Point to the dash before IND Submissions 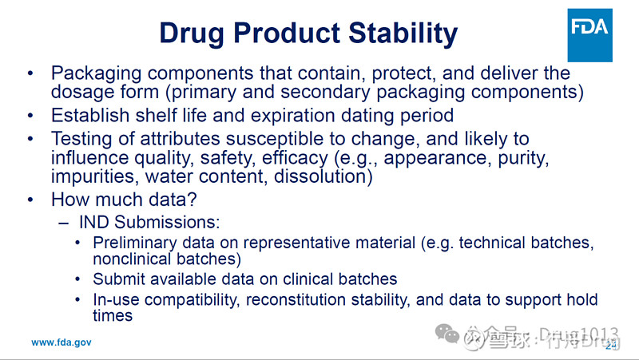point(64,221)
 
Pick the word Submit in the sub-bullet point(117,279)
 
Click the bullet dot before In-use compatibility point(77,300)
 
